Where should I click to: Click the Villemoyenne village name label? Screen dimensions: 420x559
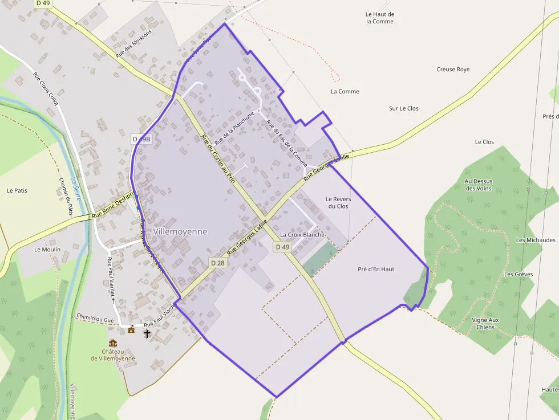coord(180,232)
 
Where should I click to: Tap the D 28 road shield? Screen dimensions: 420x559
coord(217,263)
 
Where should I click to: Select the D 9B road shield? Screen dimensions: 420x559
coord(141,138)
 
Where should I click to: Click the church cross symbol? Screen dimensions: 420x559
coord(147,333)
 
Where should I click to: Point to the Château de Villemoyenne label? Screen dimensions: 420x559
coord(113,354)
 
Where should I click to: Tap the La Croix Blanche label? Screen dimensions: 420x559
coord(302,235)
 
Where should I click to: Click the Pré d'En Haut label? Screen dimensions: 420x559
coord(376,269)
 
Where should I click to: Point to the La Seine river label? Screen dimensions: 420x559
coord(75,189)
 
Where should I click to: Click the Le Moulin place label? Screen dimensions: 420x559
coord(47,250)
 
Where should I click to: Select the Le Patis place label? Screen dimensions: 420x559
coord(17,190)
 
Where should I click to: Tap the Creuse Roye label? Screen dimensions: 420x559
coord(453,70)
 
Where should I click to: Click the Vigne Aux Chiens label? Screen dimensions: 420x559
coord(485,324)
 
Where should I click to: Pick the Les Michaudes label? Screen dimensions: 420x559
coord(536,240)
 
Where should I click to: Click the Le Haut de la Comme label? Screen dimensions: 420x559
coord(380,18)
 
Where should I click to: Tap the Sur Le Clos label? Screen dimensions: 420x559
coord(404,108)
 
